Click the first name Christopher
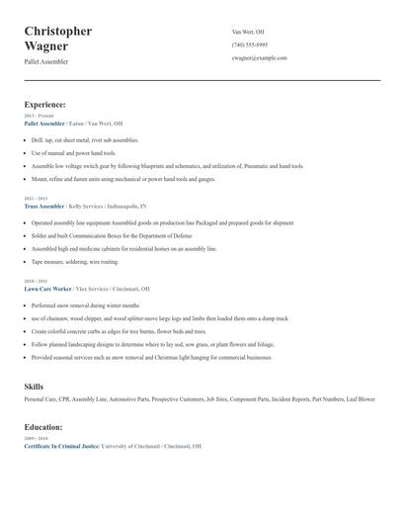pyautogui.click(x=58, y=31)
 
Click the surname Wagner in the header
pyautogui.click(x=46, y=45)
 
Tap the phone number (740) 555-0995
pyautogui.click(x=250, y=44)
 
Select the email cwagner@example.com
pyautogui.click(x=260, y=57)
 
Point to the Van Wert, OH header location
pyautogui.click(x=248, y=32)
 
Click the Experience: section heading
pyautogui.click(x=44, y=104)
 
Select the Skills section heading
pyautogui.click(x=34, y=386)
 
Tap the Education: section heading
pyautogui.click(x=43, y=427)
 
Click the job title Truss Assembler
pyautogui.click(x=44, y=207)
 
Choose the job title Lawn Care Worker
pyautogui.click(x=46, y=289)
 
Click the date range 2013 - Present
pyautogui.click(x=39, y=116)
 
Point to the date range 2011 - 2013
pyautogui.click(x=36, y=199)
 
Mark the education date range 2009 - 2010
pyautogui.click(x=36, y=438)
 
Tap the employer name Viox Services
pyautogui.click(x=92, y=289)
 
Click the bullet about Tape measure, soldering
pyautogui.click(x=75, y=262)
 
